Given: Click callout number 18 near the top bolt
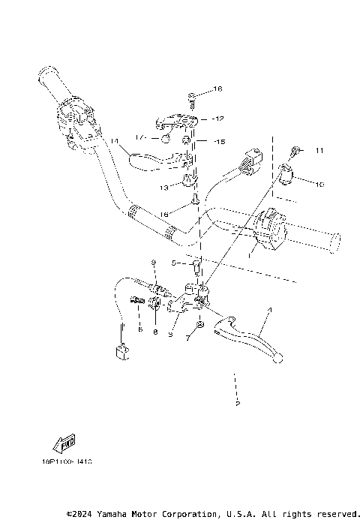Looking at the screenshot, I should tap(218, 89).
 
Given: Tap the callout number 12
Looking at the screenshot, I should tap(218, 119).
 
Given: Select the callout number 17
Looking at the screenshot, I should tap(139, 137).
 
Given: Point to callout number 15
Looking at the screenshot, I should tap(219, 141).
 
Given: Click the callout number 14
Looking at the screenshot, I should tap(114, 141).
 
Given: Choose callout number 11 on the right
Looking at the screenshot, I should tap(319, 151).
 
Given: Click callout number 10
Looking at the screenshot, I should tap(319, 184).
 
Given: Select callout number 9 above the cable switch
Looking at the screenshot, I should tap(152, 262).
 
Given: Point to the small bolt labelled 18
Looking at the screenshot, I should tap(192, 95).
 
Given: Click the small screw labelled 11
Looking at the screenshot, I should tap(298, 152).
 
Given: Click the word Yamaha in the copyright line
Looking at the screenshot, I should tap(111, 514).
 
